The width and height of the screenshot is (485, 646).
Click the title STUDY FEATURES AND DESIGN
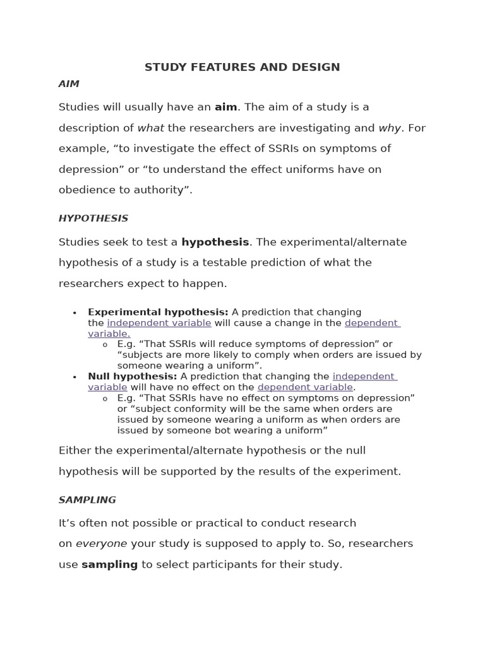242,67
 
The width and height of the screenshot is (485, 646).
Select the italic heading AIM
69,84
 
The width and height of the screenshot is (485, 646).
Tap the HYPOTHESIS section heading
93,218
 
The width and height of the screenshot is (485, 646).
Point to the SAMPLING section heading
87,500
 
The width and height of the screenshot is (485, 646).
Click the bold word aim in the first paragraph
225,107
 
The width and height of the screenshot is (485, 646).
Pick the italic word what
150,128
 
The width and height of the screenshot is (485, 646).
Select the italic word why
390,128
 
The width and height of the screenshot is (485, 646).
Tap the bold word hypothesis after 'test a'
215,242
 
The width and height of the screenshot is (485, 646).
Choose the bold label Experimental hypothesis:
158,312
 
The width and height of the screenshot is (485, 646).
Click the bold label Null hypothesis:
132,377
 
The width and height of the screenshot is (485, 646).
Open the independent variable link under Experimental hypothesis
159,323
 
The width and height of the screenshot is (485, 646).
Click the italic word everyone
101,544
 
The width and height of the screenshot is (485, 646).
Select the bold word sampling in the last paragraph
109,565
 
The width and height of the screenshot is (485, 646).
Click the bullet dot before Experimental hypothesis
75,313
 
